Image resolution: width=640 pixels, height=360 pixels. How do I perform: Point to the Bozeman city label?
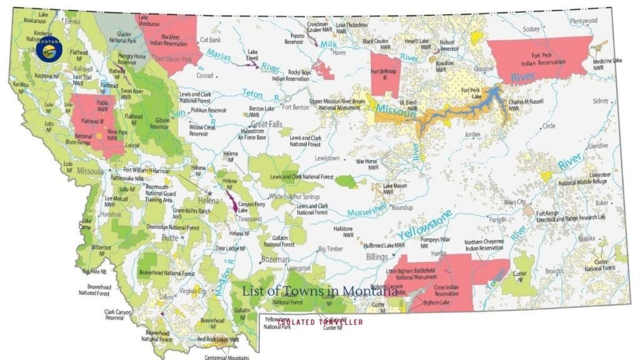pyautogui.click(x=276, y=259)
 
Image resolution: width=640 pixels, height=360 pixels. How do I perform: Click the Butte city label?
pyautogui.click(x=171, y=239)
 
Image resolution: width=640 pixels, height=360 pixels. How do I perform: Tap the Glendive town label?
pyautogui.click(x=597, y=145)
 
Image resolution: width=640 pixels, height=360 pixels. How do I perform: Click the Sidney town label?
pyautogui.click(x=601, y=101)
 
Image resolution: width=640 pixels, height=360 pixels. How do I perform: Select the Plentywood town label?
pyautogui.click(x=584, y=21)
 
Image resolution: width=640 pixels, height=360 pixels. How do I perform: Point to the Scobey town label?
pyautogui.click(x=531, y=29)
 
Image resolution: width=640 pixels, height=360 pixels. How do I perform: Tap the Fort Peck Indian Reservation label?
pyautogui.click(x=539, y=58)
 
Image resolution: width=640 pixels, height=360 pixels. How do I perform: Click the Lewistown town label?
pyautogui.click(x=327, y=158)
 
